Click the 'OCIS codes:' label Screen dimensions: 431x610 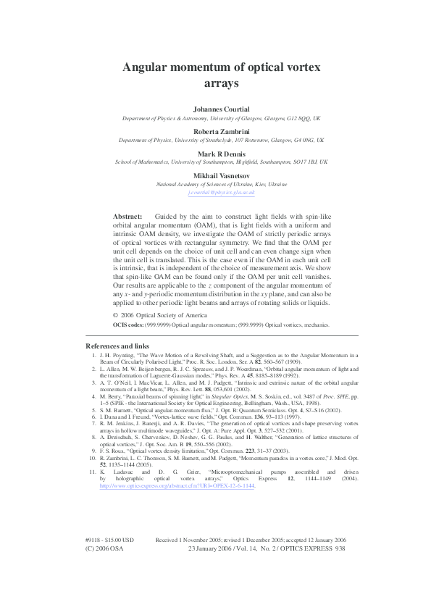pos(132,326)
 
